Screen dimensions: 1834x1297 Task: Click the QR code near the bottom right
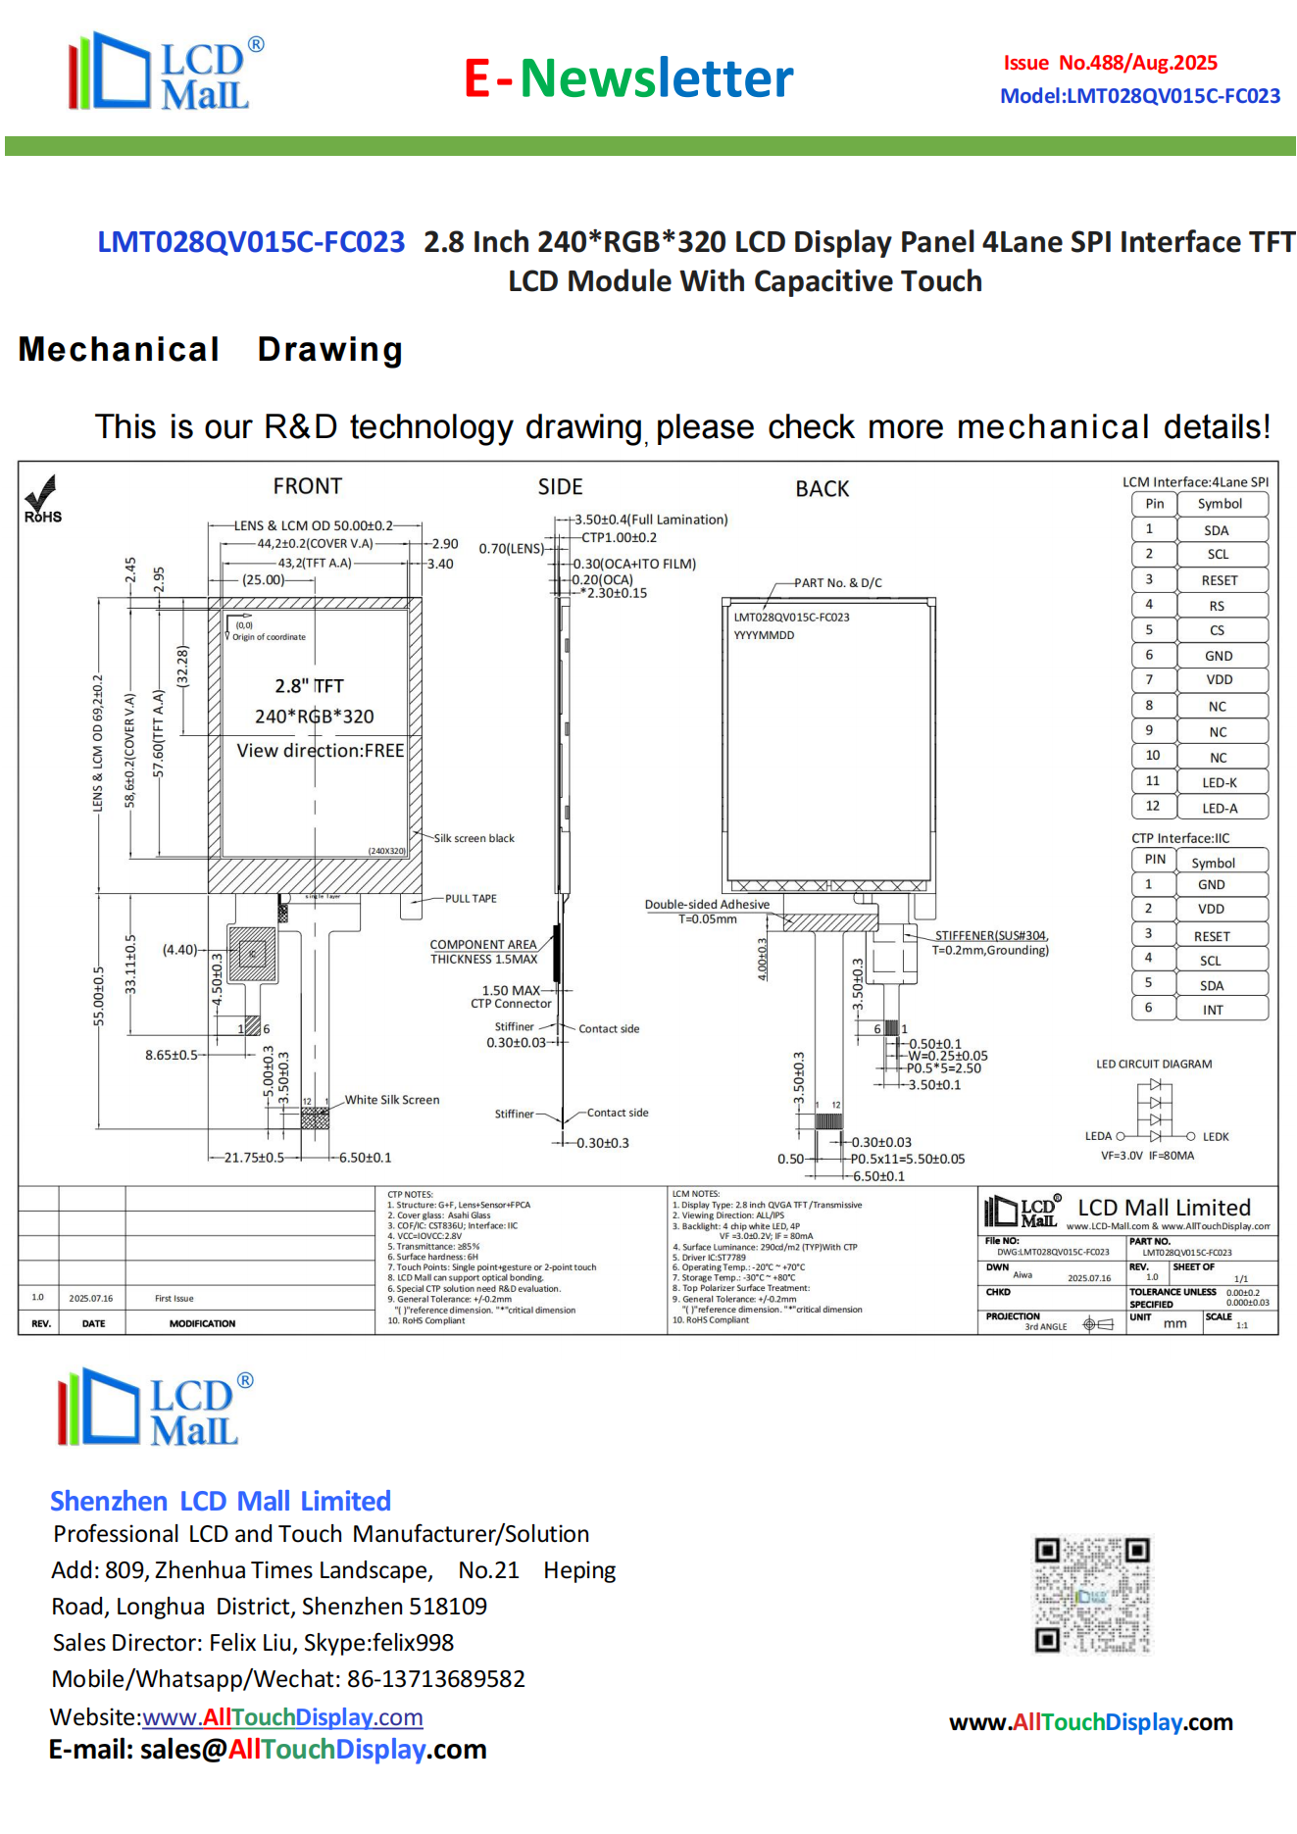coord(1091,1595)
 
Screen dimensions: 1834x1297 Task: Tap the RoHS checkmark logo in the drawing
coord(42,499)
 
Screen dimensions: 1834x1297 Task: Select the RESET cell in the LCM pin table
coord(1219,580)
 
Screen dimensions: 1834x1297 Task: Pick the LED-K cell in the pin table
coord(1219,782)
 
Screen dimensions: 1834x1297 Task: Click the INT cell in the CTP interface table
coord(1213,1010)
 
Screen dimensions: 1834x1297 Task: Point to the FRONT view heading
coord(307,486)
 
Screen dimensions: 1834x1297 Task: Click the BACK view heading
coord(822,489)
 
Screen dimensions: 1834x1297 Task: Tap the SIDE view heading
coord(560,487)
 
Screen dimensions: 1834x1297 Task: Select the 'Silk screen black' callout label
coord(474,838)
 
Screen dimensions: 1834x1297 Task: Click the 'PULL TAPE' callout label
coord(471,899)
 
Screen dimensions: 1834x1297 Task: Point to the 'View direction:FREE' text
coord(321,751)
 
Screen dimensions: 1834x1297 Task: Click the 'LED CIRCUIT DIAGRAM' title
coord(1154,1064)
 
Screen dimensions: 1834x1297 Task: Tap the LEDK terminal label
coord(1216,1137)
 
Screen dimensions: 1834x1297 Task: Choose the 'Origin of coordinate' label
coord(269,637)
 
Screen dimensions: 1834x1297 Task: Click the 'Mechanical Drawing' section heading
coord(211,350)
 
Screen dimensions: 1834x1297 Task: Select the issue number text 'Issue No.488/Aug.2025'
coord(1110,64)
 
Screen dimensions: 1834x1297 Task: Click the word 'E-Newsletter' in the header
coord(628,78)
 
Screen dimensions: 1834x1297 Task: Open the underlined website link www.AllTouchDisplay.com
coord(282,1717)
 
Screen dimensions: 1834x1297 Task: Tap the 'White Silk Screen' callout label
coord(392,1100)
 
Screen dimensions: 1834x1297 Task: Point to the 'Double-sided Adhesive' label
coord(707,904)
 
